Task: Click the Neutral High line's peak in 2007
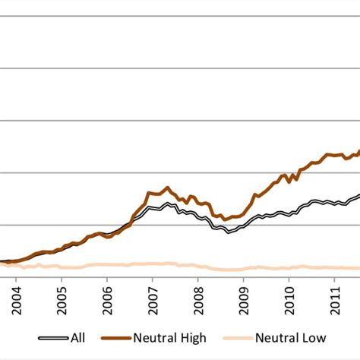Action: point(167,188)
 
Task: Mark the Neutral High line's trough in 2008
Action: point(225,219)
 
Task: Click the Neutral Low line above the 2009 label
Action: point(244,268)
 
